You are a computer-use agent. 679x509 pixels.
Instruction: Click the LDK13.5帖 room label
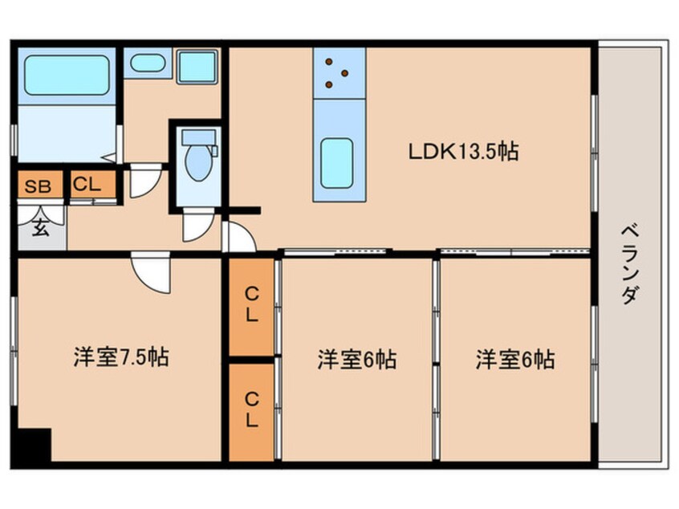[463, 152]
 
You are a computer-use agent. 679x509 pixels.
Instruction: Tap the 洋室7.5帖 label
[121, 357]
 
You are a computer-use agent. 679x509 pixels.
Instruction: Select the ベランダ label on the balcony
[630, 265]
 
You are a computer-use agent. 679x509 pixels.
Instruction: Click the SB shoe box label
[38, 186]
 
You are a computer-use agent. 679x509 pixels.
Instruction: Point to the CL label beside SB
[87, 185]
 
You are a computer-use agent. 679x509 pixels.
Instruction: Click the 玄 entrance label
[40, 227]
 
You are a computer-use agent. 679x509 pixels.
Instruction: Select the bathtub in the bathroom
[67, 75]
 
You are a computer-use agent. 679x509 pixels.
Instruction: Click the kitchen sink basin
[336, 163]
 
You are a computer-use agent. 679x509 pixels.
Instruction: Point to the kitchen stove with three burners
[339, 73]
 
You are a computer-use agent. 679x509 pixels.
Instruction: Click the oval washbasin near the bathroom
[148, 63]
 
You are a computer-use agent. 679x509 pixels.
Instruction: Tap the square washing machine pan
[197, 67]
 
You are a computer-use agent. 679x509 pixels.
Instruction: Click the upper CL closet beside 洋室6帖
[251, 307]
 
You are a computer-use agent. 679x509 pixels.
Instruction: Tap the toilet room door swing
[198, 224]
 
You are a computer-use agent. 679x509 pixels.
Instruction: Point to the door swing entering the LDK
[238, 237]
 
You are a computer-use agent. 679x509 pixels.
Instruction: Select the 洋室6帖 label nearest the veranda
[515, 360]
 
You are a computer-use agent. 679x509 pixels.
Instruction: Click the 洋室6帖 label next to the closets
[356, 360]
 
